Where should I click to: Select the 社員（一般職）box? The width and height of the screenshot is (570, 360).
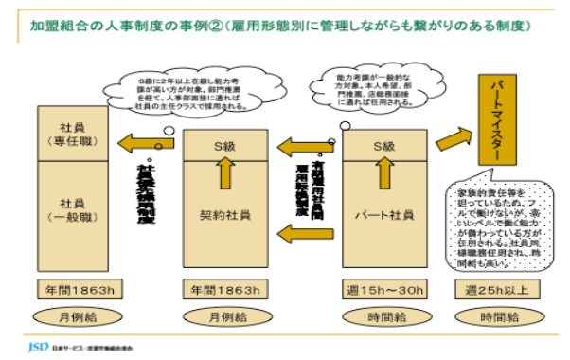[72, 209]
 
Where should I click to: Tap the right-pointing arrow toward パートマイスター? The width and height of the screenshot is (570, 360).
[453, 141]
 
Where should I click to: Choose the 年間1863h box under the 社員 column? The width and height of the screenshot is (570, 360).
[72, 288]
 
